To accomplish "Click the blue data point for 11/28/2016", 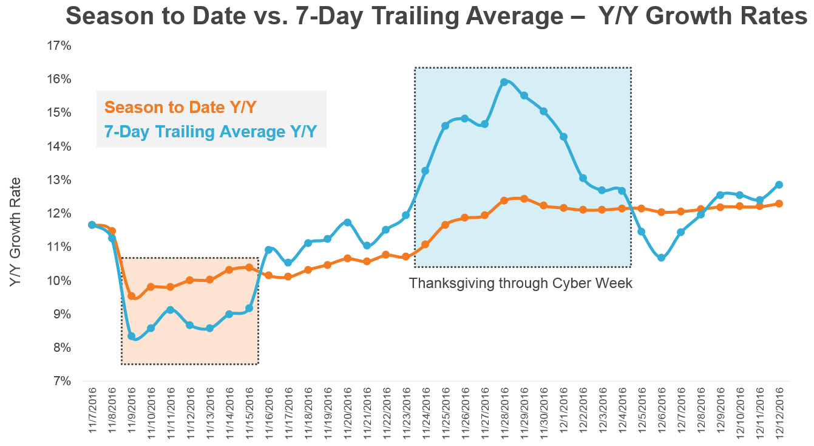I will (504, 82).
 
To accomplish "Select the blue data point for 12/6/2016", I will (661, 258).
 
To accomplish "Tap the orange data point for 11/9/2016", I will (131, 296).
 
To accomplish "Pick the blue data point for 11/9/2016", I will (131, 336).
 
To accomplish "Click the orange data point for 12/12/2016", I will (779, 204).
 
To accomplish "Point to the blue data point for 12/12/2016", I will (779, 185).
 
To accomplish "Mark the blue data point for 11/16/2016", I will (268, 250).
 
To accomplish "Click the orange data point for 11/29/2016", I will (524, 199).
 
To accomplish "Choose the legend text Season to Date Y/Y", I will (180, 108).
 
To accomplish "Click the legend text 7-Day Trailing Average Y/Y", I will (211, 132).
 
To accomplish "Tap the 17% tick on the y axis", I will (59, 46).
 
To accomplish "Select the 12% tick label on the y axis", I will (59, 214).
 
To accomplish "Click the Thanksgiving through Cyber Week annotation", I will (521, 283).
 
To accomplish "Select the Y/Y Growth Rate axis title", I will (16, 232).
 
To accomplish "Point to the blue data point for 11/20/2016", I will (347, 222).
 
